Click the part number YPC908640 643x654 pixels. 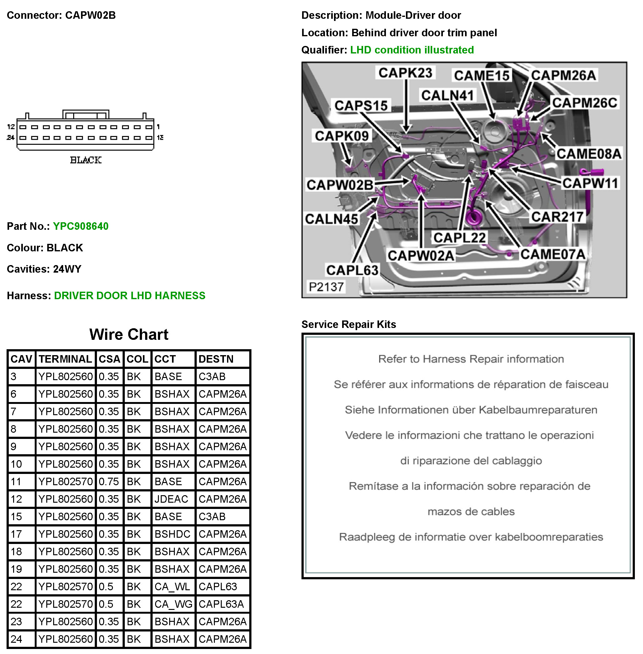pyautogui.click(x=81, y=226)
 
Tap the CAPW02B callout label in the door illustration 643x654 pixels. pyautogui.click(x=340, y=185)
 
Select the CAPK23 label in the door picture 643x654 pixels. pyautogui.click(x=405, y=73)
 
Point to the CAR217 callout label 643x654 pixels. pyautogui.click(x=557, y=217)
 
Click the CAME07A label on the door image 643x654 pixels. pyautogui.click(x=553, y=254)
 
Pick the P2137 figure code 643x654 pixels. pyautogui.click(x=326, y=287)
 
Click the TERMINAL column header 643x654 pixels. pyautogui.click(x=65, y=359)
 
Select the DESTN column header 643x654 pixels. pyautogui.click(x=216, y=359)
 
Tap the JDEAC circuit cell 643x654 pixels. pyautogui.click(x=171, y=499)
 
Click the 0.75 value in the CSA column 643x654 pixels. pyautogui.click(x=109, y=481)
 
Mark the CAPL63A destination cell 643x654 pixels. pyautogui.click(x=221, y=604)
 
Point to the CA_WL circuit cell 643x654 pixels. pyautogui.click(x=172, y=586)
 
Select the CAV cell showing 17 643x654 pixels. pyautogui.click(x=16, y=534)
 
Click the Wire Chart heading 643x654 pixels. pyautogui.click(x=129, y=334)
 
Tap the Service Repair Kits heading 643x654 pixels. pyautogui.click(x=348, y=324)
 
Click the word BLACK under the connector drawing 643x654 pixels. pyautogui.click(x=86, y=160)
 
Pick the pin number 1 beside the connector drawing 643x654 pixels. pyautogui.click(x=158, y=127)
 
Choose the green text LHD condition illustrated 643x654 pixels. pyautogui.click(x=412, y=50)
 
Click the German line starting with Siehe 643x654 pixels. pyautogui.click(x=471, y=410)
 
